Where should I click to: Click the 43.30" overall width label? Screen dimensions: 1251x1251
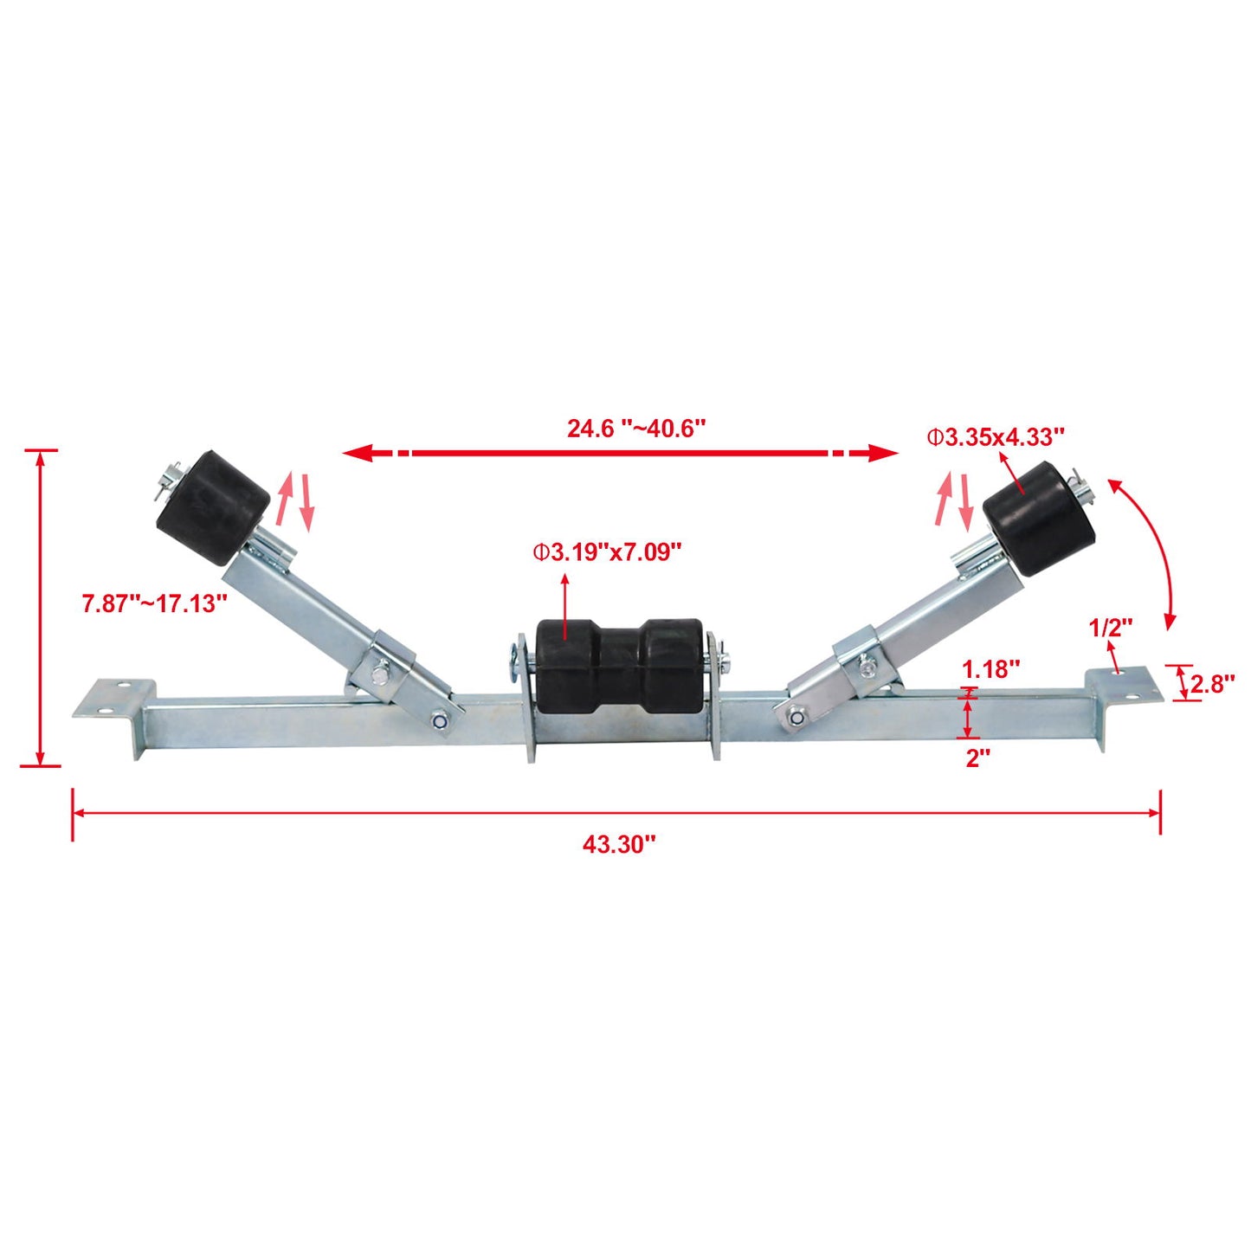pyautogui.click(x=619, y=845)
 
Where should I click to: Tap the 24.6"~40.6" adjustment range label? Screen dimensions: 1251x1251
pyautogui.click(x=636, y=429)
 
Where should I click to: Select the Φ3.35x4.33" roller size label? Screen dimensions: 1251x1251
pyautogui.click(x=996, y=437)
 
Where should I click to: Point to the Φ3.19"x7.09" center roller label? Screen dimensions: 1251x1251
pyautogui.click(x=607, y=551)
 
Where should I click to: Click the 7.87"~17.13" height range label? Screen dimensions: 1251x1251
pyautogui.click(x=155, y=603)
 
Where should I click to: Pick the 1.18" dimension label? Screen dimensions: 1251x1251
pyautogui.click(x=991, y=668)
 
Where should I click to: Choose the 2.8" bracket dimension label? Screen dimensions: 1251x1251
pyautogui.click(x=1212, y=684)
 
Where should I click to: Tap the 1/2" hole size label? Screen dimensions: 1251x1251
pyautogui.click(x=1111, y=628)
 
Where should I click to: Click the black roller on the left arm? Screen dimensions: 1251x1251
pyautogui.click(x=213, y=506)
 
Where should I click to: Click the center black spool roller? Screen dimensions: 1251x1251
pyautogui.click(x=618, y=665)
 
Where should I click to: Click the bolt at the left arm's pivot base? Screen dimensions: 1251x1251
pyautogui.click(x=441, y=720)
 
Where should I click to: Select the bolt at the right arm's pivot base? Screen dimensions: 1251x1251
pyautogui.click(x=795, y=715)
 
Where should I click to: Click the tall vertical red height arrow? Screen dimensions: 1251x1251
pyautogui.click(x=40, y=608)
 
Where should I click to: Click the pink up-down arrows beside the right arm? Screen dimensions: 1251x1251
pyautogui.click(x=955, y=500)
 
